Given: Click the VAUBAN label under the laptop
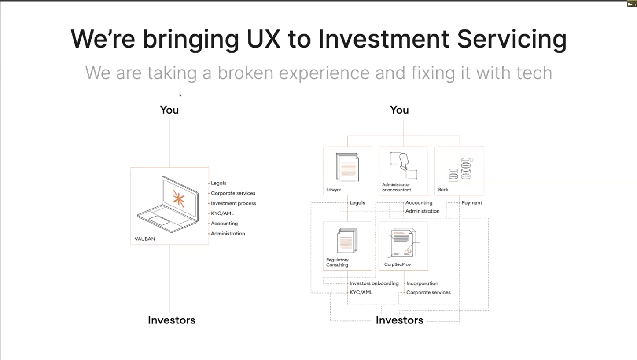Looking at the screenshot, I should [x=145, y=239].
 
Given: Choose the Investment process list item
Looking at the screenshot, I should [x=233, y=203].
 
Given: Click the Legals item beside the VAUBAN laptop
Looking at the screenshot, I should [x=218, y=183].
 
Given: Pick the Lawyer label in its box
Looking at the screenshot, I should [x=334, y=190].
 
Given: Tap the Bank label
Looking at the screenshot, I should [x=443, y=190].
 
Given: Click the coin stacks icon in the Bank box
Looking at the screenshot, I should [x=460, y=169].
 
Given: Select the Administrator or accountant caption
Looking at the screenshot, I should [x=396, y=187].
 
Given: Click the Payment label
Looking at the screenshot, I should [x=471, y=203].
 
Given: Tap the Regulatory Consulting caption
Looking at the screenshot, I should [x=338, y=262].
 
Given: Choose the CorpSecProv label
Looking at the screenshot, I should [x=394, y=265].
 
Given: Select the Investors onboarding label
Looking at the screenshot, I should [x=374, y=283].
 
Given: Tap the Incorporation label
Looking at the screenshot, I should [x=422, y=283].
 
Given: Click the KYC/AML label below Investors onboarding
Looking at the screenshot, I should [x=361, y=292].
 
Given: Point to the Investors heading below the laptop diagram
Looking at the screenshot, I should [x=171, y=320].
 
